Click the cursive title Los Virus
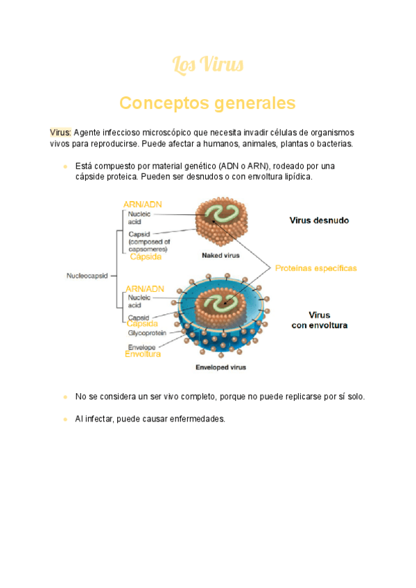pos(207,65)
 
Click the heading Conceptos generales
pos(207,103)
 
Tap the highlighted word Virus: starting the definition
pos(60,132)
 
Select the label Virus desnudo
pos(318,220)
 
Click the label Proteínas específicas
pos(315,268)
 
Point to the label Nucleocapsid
pos(87,275)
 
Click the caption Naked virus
pos(220,255)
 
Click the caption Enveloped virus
pos(220,367)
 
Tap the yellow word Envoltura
pos(143,354)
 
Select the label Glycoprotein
pos(147,333)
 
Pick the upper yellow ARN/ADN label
pos(144,205)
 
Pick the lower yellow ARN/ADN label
pos(145,288)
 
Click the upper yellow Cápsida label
pos(146,257)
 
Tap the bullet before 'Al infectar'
pos(64,419)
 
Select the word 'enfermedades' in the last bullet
pos(200,419)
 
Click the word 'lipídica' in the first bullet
pos(296,177)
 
